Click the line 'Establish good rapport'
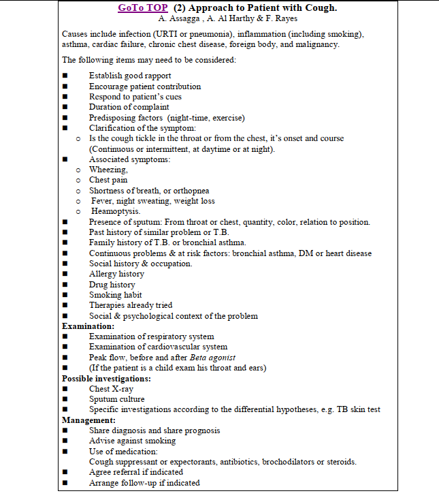point(130,76)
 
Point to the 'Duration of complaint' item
point(129,107)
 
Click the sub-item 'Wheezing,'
point(108,170)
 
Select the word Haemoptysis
point(116,211)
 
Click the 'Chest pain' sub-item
point(108,180)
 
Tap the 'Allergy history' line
point(116,274)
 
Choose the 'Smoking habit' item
point(116,295)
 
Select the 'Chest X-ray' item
point(111,389)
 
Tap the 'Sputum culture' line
point(116,399)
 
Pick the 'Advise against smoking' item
point(133,441)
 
